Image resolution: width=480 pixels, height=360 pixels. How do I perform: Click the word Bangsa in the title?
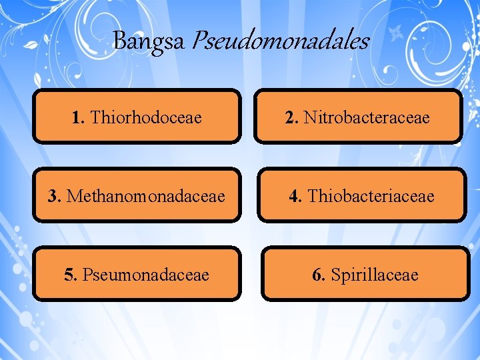(149, 41)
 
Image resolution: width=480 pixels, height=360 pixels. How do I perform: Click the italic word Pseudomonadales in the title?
(280, 41)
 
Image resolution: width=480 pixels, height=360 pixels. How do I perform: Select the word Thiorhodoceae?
(146, 118)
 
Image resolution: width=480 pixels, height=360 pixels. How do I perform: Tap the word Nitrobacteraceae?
(367, 118)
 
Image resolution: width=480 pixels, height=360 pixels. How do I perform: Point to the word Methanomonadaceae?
(145, 197)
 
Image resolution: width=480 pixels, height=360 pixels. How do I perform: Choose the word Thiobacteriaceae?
(371, 197)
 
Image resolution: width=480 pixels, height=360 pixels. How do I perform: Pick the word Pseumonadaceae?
(145, 275)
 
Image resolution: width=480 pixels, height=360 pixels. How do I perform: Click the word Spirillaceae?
(375, 275)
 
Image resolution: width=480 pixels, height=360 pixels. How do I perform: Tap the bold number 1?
(78, 118)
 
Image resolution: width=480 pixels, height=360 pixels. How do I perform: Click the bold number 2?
(291, 118)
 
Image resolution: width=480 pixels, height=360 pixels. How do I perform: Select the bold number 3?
(54, 197)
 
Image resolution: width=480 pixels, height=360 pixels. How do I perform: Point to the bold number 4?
(295, 197)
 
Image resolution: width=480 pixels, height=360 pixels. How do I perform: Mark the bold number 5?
(70, 275)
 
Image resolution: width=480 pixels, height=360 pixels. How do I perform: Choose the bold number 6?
(319, 275)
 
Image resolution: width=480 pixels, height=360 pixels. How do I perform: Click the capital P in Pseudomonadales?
(198, 41)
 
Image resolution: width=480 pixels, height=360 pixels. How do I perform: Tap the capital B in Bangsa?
(119, 41)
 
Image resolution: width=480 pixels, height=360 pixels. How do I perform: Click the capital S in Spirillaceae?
(335, 275)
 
